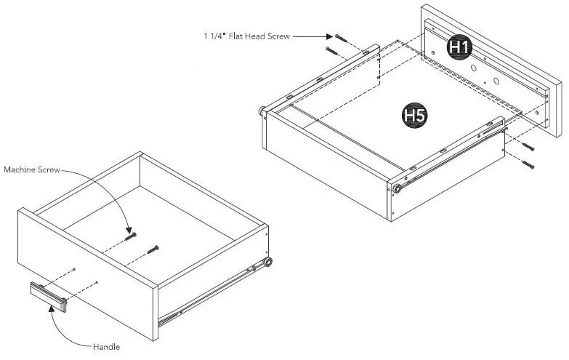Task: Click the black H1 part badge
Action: click(459, 47)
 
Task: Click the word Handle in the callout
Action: click(105, 347)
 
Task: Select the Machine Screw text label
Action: click(32, 169)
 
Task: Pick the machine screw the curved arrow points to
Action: click(131, 236)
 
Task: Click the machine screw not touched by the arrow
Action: click(153, 250)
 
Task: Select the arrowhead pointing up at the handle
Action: click(51, 309)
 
